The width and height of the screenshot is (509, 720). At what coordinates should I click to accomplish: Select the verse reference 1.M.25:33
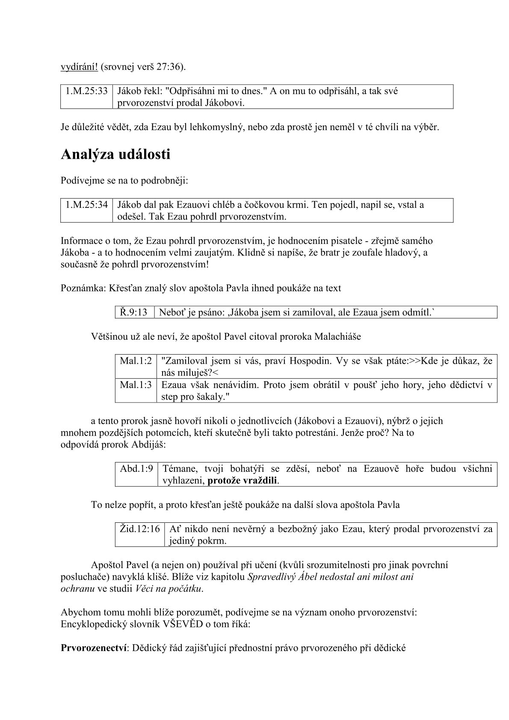86,91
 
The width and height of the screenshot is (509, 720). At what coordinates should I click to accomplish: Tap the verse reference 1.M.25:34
86,204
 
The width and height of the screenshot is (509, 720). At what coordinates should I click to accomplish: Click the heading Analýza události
115,154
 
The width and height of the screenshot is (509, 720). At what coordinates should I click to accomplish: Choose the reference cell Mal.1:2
136,360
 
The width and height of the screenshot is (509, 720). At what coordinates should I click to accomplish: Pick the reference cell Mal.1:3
136,385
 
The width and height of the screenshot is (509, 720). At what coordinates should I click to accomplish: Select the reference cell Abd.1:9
136,468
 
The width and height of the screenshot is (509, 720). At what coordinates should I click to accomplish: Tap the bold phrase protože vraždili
243,480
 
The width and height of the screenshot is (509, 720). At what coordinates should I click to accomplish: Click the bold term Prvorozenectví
94,648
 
